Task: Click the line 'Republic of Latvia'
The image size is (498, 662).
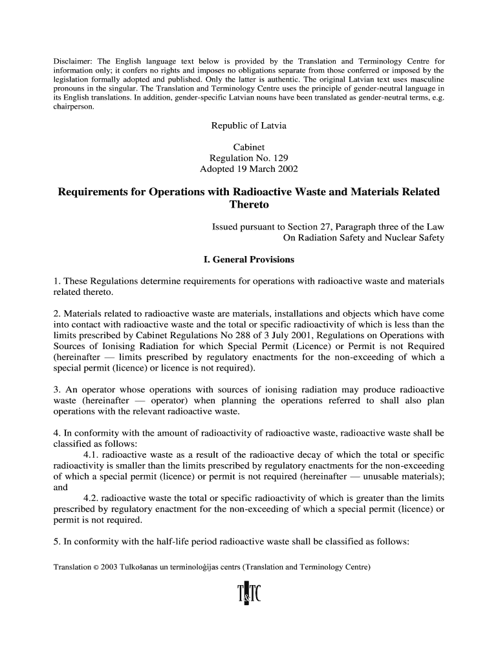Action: (248, 125)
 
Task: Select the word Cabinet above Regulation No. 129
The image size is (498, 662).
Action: (248, 147)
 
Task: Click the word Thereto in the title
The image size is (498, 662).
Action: (248, 205)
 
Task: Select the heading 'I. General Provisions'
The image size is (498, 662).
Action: (248, 260)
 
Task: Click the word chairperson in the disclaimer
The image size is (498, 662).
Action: (73, 107)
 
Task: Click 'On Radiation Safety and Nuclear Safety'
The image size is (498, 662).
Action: (363, 238)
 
